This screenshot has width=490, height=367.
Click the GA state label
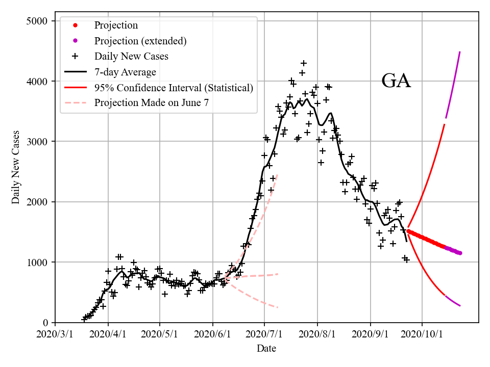396,81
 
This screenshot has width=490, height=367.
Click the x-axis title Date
266,349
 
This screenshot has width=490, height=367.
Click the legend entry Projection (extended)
140,41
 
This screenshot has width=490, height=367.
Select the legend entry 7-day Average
125,72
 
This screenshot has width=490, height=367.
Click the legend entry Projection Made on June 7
152,103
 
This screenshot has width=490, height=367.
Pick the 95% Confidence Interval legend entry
174,88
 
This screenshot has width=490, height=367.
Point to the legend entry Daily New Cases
131,56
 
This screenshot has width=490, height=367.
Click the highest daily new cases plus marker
304,63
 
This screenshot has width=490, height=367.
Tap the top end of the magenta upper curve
460,52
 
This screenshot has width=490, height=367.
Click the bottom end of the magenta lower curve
460,306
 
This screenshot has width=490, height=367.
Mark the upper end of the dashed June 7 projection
277,175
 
